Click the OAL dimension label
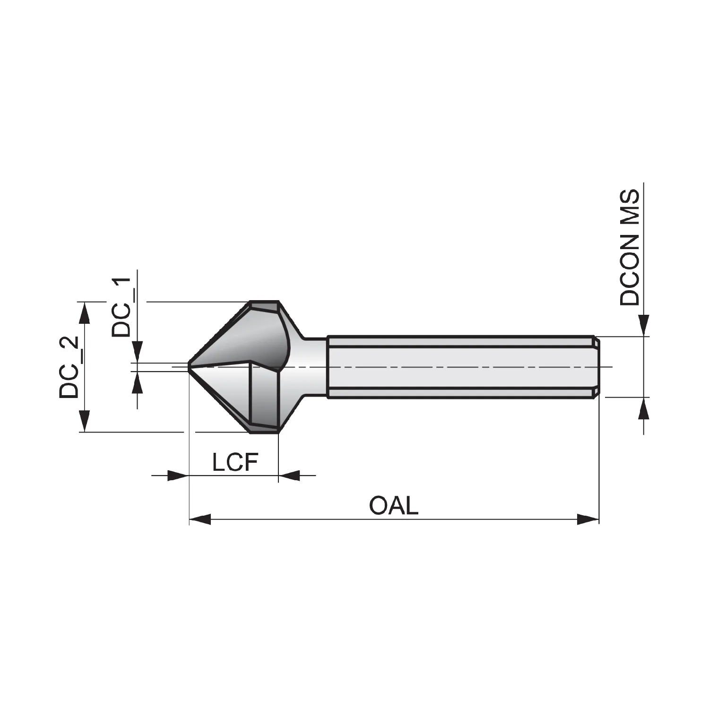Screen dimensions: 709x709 394,506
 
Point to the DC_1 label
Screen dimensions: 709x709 121,307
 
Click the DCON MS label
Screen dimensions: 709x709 629,248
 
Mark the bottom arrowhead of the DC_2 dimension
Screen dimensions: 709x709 84,421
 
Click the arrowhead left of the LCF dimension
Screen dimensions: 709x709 178,476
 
